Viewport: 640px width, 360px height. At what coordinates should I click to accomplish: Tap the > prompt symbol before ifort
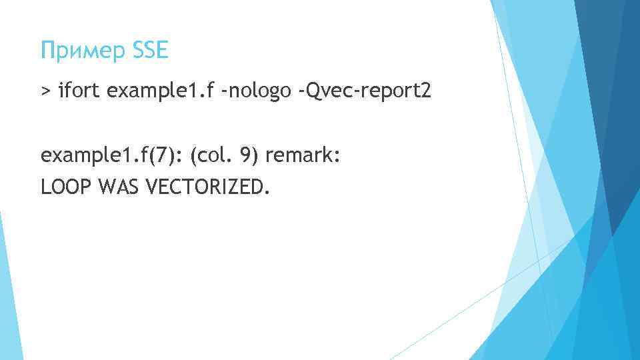click(x=45, y=90)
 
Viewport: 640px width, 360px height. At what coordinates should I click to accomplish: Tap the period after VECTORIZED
click(x=268, y=193)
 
